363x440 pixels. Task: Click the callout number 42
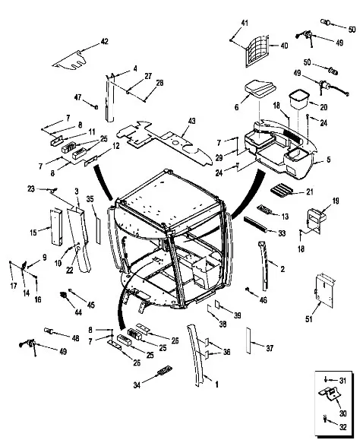[104, 42]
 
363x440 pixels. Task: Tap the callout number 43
[191, 122]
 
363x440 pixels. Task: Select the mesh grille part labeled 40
[257, 52]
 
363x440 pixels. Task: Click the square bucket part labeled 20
[298, 100]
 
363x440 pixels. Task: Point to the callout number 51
[309, 319]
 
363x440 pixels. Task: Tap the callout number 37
[270, 348]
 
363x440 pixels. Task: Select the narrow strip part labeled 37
[248, 340]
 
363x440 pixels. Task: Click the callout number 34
[137, 385]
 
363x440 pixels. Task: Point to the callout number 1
[216, 385]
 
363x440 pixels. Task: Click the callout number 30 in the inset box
[342, 413]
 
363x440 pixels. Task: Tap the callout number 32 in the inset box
[343, 427]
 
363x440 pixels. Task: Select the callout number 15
[33, 233]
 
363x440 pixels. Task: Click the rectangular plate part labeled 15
[56, 226]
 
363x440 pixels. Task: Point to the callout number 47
[77, 97]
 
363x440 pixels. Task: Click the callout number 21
[309, 192]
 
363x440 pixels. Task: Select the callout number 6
[236, 107]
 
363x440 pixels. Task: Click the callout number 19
[336, 201]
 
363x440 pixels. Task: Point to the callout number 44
[78, 312]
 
